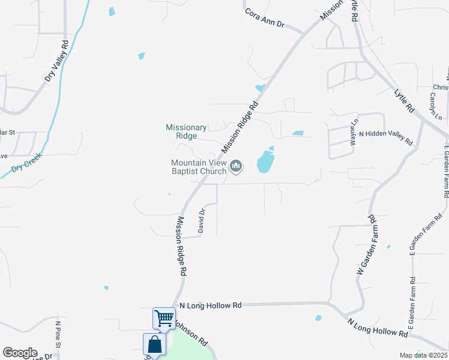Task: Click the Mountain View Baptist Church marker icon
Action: [237, 166]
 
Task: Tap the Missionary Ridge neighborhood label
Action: [186, 131]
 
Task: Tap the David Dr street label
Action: [202, 220]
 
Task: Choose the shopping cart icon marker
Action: [164, 318]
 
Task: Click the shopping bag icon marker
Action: [154, 345]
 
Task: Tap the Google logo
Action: [20, 353]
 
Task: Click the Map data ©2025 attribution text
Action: [423, 355]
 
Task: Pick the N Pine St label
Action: [58, 334]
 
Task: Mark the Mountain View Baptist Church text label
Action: [199, 167]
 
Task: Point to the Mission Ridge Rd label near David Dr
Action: [180, 246]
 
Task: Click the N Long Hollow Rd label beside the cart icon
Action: [210, 305]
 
